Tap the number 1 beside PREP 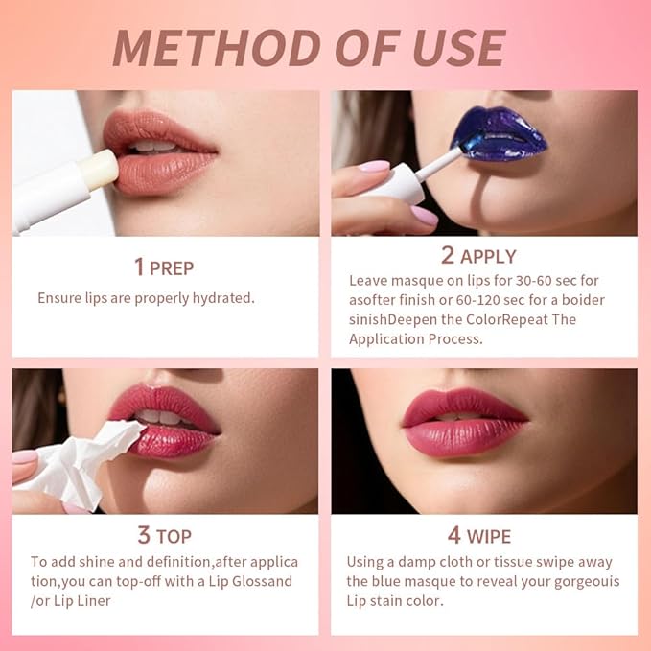point(139,267)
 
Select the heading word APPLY point(488,256)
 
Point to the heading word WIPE point(489,536)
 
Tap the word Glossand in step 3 point(261,582)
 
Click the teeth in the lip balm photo point(153,146)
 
